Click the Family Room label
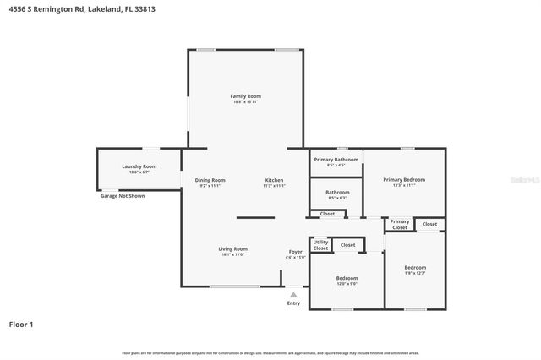[x=244, y=96]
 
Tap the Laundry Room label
[x=139, y=166]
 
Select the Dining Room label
[x=210, y=180]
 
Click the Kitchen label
[x=274, y=180]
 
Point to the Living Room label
[x=232, y=248]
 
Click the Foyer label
[x=296, y=252]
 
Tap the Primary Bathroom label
[x=336, y=159]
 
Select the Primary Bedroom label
[x=403, y=179]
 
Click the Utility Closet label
[x=320, y=245]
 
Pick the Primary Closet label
[x=399, y=225]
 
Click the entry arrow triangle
[x=293, y=294]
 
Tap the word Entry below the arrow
[x=293, y=303]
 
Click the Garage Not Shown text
[x=123, y=195]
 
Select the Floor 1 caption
[x=21, y=324]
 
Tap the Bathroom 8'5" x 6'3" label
[x=336, y=192]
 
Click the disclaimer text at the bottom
[x=270, y=353]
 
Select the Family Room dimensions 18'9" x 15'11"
[x=244, y=102]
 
